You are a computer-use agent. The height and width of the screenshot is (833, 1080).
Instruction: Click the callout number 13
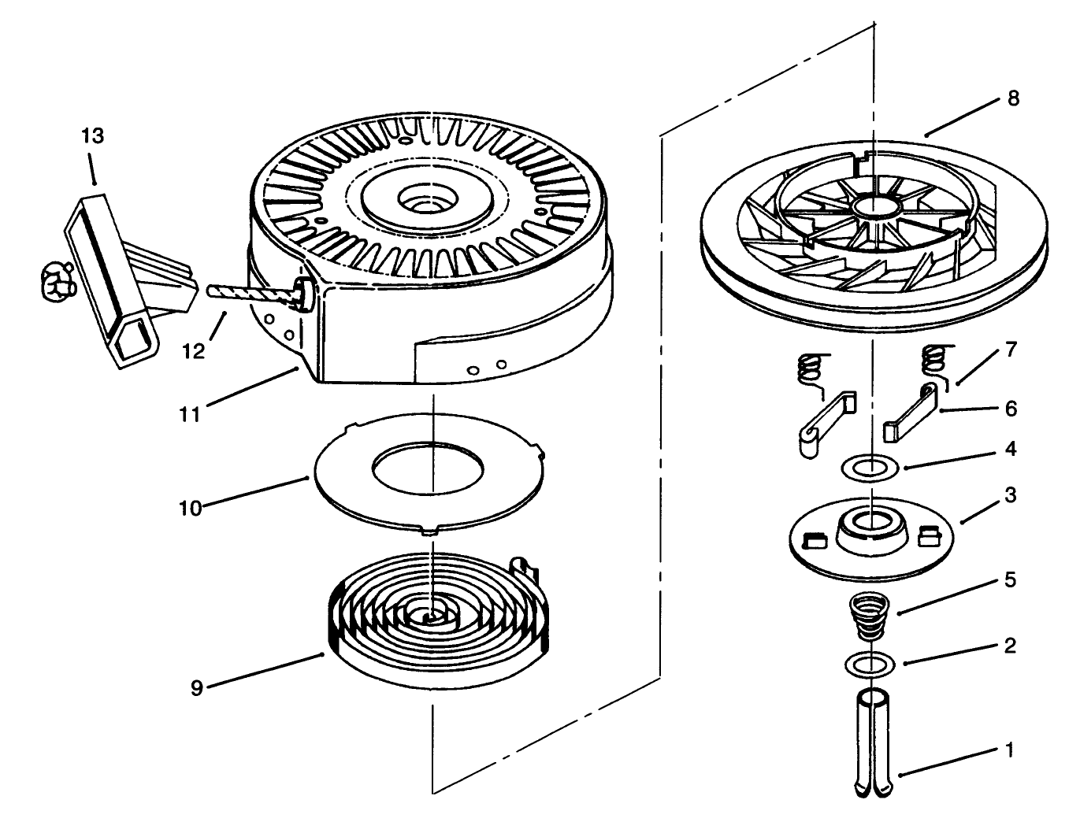click(92, 136)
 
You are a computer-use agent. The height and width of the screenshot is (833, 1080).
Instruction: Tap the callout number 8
click(1013, 98)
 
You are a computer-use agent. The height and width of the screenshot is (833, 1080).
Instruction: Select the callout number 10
click(190, 508)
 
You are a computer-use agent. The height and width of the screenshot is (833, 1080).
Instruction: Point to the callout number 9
click(197, 687)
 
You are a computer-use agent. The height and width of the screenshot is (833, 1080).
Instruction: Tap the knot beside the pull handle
click(55, 282)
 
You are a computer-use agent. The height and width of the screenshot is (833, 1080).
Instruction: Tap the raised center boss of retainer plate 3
click(871, 526)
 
